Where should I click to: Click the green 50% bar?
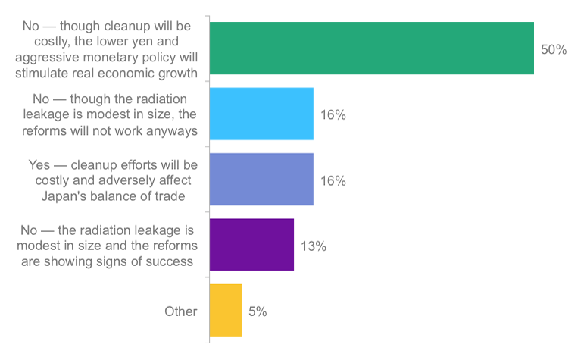pyautogui.click(x=371, y=49)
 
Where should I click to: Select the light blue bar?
pyautogui.click(x=261, y=114)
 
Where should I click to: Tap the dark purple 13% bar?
pyautogui.click(x=251, y=245)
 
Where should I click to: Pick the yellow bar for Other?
pyautogui.click(x=226, y=310)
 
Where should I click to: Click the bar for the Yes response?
pyautogui.click(x=261, y=180)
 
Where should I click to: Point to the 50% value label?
pyautogui.click(x=554, y=49)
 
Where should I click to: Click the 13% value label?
pyautogui.click(x=313, y=246)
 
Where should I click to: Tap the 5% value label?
pyautogui.click(x=258, y=311)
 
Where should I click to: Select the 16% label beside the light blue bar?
pyautogui.click(x=333, y=115)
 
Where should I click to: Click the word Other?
pyautogui.click(x=181, y=311)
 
